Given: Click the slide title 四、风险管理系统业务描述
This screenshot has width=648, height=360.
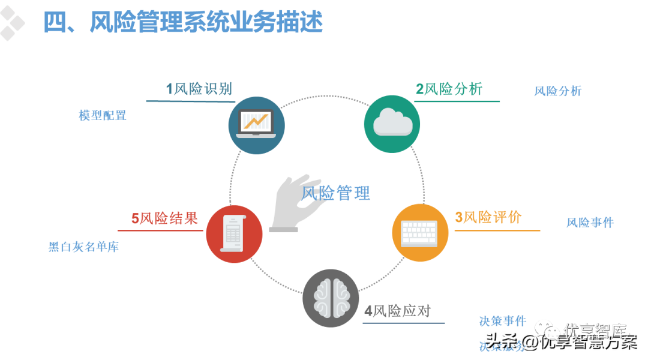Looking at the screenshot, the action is click(182, 23).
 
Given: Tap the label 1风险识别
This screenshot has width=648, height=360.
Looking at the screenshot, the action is click(199, 89).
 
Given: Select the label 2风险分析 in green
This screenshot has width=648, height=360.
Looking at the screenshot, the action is click(449, 89).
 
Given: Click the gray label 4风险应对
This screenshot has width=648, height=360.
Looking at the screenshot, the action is click(397, 311).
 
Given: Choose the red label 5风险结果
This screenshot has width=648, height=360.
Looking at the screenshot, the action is click(164, 218).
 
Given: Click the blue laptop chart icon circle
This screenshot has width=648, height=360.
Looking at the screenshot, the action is click(256, 125).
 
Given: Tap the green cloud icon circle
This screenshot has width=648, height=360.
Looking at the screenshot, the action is click(392, 124).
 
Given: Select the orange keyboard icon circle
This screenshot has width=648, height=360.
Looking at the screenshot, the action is click(420, 232).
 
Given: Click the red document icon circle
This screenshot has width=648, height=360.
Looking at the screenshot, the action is click(234, 234).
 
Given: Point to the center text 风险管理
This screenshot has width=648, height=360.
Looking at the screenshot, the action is click(336, 193).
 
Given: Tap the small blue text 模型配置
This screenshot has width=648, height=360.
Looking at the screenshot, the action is click(102, 115).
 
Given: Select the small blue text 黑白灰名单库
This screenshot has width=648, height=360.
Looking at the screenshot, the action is click(83, 247).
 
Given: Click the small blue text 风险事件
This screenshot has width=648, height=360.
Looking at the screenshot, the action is click(590, 223).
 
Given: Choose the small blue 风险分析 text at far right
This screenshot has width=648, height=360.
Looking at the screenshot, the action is click(557, 91).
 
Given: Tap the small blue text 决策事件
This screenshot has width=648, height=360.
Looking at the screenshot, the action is click(502, 321).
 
